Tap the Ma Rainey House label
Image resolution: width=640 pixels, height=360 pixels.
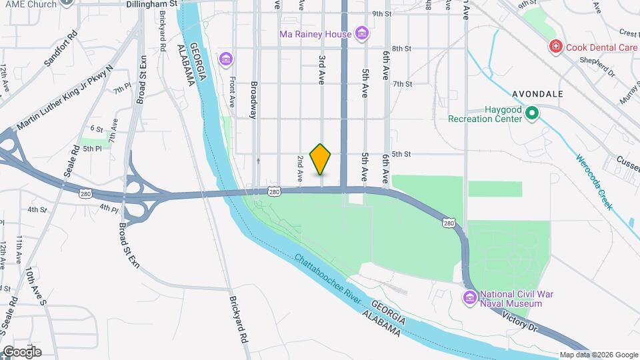tap(315, 33)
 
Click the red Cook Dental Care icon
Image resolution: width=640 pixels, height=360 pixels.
tap(555, 47)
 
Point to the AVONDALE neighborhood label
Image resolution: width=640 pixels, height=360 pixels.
tap(538, 94)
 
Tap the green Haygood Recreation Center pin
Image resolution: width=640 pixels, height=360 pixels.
tap(531, 114)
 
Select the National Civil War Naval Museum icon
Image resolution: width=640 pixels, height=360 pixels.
tap(470, 297)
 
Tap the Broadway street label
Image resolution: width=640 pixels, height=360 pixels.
tap(253, 100)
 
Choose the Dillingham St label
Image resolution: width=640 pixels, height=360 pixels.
tap(152, 4)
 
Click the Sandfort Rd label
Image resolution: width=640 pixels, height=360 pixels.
tap(61, 49)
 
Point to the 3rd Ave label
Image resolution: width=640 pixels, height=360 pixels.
tap(321, 69)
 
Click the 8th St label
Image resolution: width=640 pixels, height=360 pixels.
tap(401, 49)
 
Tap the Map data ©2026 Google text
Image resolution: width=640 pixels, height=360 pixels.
tap(599, 355)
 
